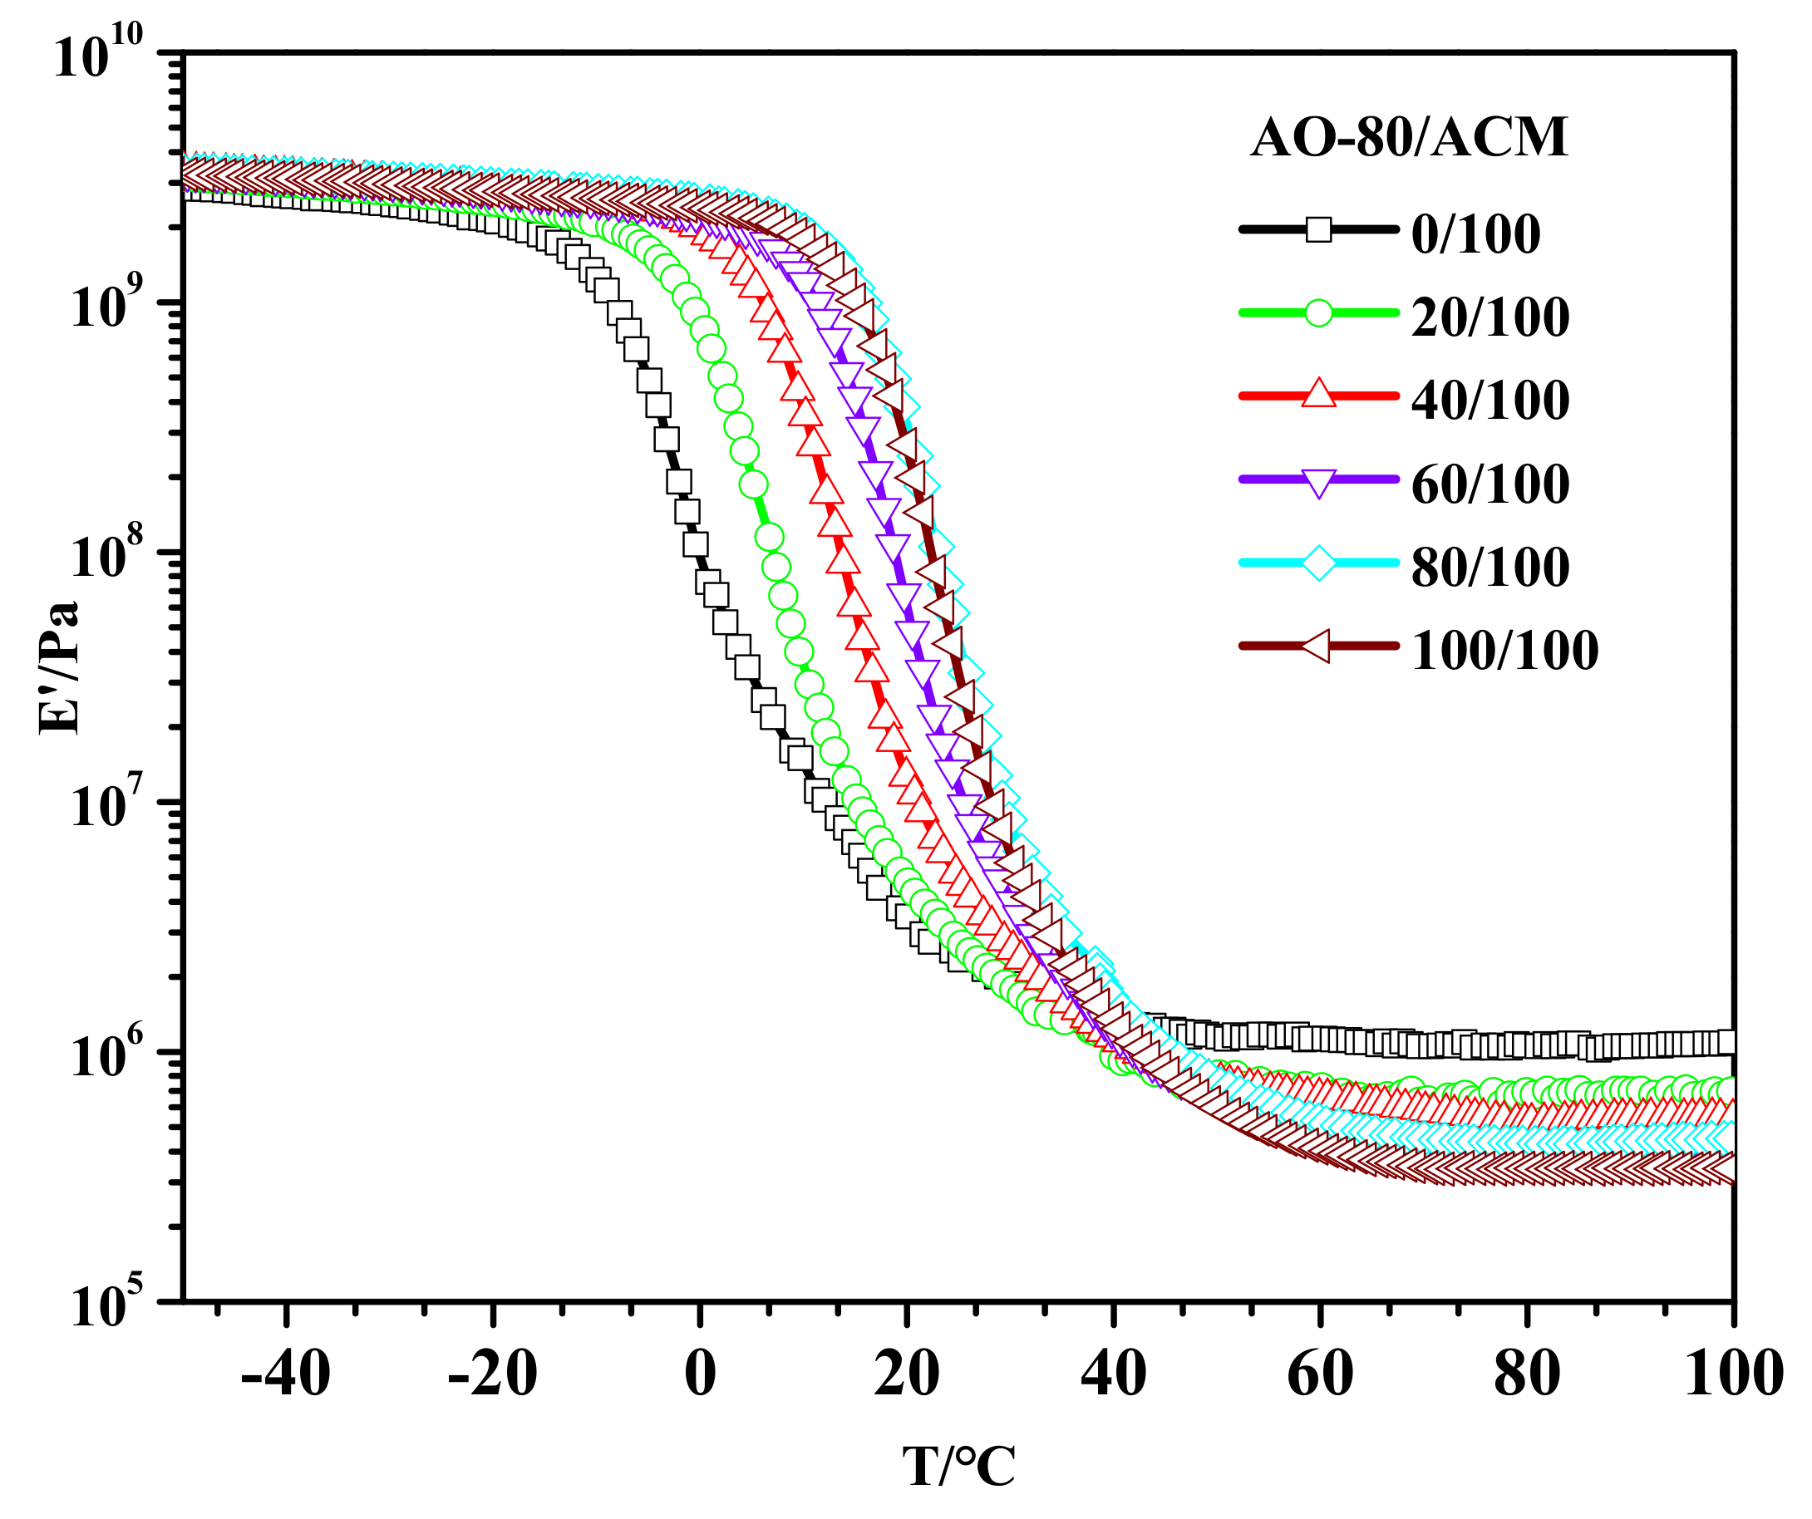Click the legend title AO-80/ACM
(1409, 137)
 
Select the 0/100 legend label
(1475, 234)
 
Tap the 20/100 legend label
(1490, 317)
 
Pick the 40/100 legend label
(1490, 400)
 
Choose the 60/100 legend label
(1490, 483)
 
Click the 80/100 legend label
(1490, 567)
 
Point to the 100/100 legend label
(1504, 650)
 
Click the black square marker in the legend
(1318, 229)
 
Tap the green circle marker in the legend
(1318, 312)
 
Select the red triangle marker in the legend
(1318, 394)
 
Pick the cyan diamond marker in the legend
(1318, 563)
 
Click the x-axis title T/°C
(958, 1466)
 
